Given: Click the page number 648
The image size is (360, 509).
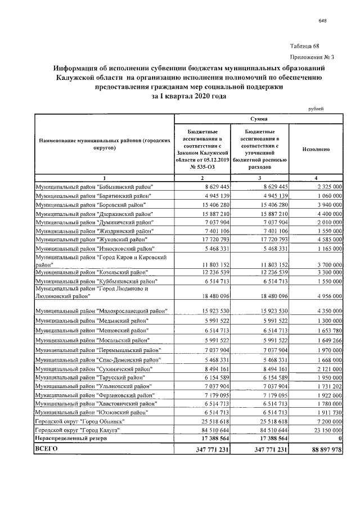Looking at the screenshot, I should [322, 22].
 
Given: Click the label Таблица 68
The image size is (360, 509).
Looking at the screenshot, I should [308, 45].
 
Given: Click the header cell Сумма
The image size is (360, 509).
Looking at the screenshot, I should [259, 119].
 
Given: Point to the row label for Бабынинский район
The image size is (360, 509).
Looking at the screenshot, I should [94, 186].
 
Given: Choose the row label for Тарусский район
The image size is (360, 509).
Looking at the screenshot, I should [92, 377].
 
